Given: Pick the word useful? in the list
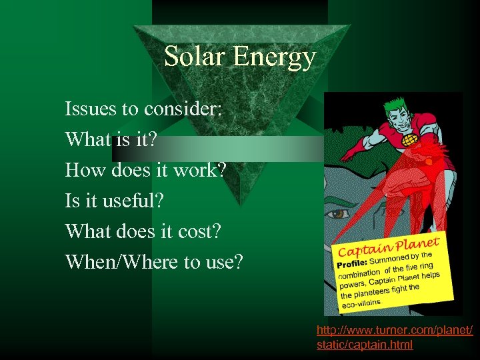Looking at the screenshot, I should (141, 201).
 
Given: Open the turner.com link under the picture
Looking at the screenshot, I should (395, 337).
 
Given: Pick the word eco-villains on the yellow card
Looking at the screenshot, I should (361, 303).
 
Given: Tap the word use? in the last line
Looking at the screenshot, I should (223, 262).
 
